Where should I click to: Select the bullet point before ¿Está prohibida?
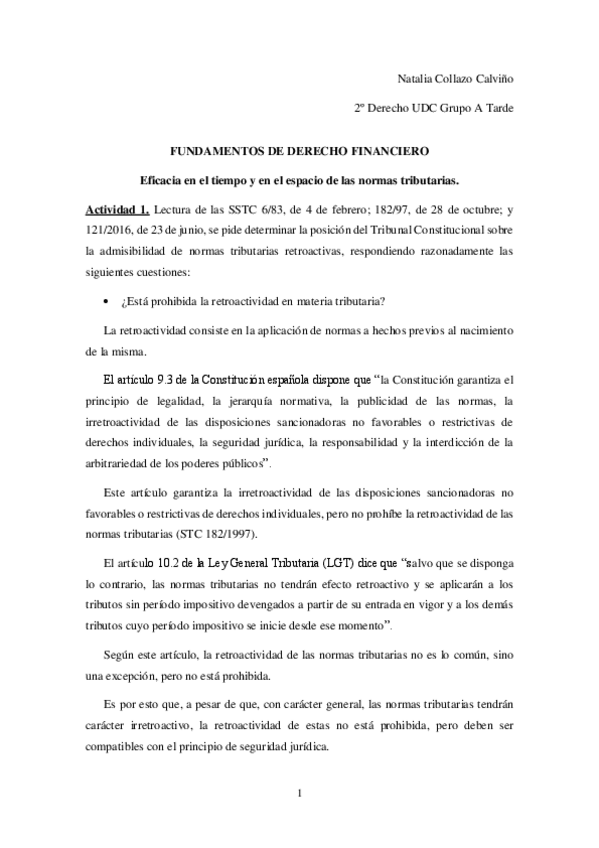106,274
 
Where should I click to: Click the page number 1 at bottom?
298,794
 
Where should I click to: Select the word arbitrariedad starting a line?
121,465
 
